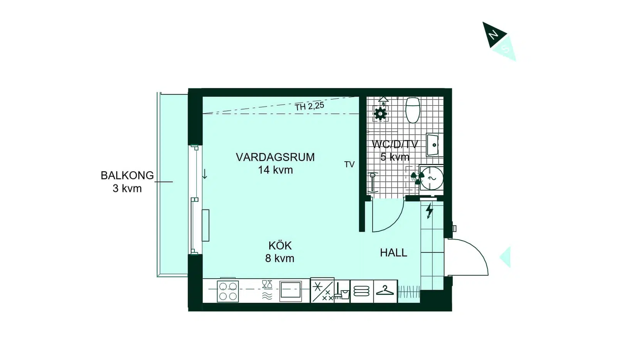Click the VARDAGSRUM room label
[x=275, y=157]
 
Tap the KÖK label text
[x=280, y=245]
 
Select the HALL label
[x=393, y=253]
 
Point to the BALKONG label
[x=127, y=176]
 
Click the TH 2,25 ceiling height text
[x=309, y=106]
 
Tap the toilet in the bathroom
[x=413, y=110]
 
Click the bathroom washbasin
[x=435, y=145]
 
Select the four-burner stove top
[x=228, y=291]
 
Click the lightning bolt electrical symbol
[x=429, y=211]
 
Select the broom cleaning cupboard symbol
[x=342, y=291]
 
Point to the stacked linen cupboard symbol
[x=361, y=291]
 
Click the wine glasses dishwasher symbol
[x=267, y=284]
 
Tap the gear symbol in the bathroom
[x=380, y=113]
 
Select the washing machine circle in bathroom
[x=432, y=178]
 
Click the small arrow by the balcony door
[x=205, y=174]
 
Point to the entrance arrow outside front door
[x=506, y=257]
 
